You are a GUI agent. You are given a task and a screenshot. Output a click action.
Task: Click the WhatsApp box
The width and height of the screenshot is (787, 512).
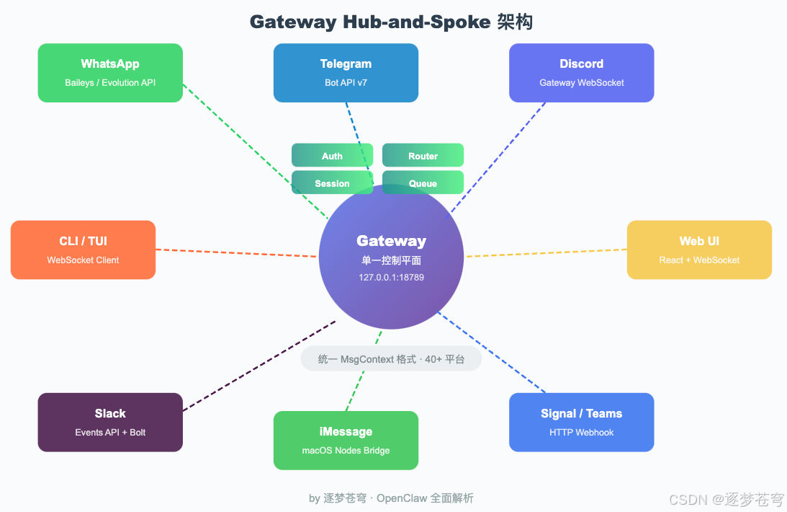(110, 73)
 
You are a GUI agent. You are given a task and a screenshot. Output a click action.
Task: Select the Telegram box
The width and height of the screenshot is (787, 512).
(346, 73)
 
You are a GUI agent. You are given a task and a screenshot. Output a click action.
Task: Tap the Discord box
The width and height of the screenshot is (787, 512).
(581, 73)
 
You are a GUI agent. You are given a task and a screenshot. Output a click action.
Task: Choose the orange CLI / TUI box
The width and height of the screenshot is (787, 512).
(83, 250)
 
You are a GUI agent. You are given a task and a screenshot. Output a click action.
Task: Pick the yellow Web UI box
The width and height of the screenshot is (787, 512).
(699, 250)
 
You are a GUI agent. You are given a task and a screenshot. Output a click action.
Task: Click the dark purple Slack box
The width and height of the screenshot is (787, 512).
(110, 422)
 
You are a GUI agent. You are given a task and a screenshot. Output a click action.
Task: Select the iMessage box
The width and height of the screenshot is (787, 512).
(346, 440)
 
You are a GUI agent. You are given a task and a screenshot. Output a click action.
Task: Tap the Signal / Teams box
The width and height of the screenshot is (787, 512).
(581, 422)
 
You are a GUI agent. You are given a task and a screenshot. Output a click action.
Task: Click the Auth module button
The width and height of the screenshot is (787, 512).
(332, 156)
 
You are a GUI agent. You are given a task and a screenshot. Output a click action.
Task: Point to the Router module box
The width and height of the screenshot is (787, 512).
(423, 156)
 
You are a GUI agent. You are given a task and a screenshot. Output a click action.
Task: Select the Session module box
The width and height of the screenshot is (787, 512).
(332, 183)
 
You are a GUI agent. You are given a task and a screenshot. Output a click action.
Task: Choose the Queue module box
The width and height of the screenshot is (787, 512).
(423, 183)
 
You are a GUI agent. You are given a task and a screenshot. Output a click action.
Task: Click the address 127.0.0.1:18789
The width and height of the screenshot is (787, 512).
(391, 277)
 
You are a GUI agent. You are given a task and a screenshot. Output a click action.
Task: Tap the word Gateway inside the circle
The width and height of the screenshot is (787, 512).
(391, 241)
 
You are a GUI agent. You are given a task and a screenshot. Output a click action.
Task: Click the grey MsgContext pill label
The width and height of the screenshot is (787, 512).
(391, 358)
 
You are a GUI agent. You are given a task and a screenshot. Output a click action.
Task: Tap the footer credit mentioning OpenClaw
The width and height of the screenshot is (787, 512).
(391, 498)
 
